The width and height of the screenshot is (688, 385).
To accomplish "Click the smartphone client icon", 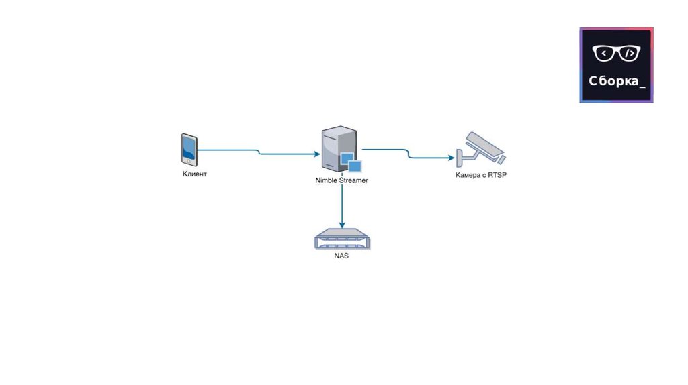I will tap(189, 150).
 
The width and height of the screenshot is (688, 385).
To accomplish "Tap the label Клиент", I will tap(195, 174).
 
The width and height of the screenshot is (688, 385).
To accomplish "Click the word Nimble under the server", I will tap(327, 180).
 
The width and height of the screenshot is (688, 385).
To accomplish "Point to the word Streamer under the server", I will tap(353, 180).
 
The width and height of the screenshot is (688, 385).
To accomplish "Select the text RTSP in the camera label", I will tap(497, 175).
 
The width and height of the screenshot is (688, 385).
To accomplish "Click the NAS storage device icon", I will tap(342, 239).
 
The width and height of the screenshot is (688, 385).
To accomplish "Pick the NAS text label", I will tap(342, 256).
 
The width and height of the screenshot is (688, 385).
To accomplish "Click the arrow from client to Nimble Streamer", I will tap(259, 152).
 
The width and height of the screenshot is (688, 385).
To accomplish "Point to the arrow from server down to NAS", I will tap(342, 205).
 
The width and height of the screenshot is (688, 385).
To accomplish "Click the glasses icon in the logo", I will tap(616, 53).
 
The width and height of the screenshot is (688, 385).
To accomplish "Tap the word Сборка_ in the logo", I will tap(617, 81).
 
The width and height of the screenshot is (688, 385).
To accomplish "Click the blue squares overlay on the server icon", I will tap(350, 162).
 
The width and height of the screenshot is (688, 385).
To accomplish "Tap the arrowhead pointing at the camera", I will tap(451, 158).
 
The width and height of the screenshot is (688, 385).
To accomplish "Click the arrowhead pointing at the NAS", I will tap(342, 225).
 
